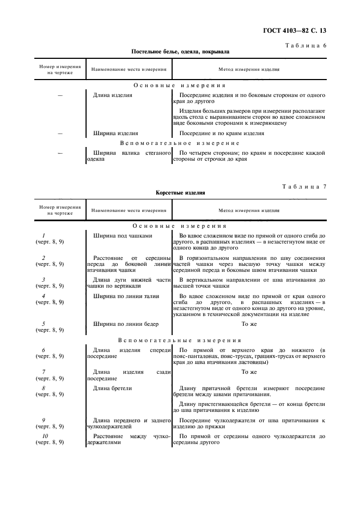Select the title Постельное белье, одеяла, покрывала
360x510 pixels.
coord(180,52)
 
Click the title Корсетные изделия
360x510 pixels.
coord(180,193)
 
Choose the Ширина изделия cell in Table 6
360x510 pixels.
coord(115,132)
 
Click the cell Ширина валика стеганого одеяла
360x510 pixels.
coord(129,156)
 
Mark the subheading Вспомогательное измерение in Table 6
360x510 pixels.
coord(180,143)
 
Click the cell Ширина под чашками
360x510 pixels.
coord(123,236)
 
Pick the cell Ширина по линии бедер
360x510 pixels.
coord(126,324)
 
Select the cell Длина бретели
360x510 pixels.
coord(112,388)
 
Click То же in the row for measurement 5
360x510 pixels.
coord(249,324)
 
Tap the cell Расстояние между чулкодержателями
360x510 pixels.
coord(129,440)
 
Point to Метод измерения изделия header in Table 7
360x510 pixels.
coord(249,210)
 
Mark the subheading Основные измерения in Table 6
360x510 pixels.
coord(180,86)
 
